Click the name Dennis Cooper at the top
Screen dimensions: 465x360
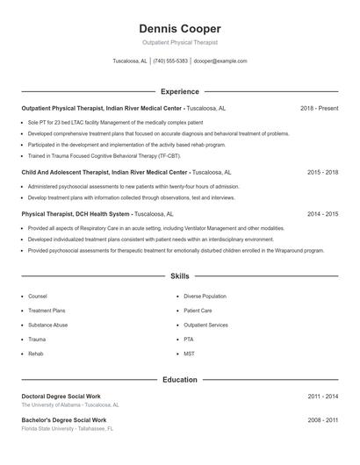click(180, 28)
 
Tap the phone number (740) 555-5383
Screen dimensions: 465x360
click(170, 61)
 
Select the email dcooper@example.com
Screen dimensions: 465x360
click(220, 61)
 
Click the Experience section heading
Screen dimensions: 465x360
click(180, 91)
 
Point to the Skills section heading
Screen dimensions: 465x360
click(180, 276)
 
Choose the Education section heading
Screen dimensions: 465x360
click(180, 380)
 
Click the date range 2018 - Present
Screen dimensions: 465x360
click(319, 108)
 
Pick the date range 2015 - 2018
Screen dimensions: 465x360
click(322, 173)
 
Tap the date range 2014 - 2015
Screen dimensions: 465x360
click(322, 213)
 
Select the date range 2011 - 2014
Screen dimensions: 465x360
click(322, 397)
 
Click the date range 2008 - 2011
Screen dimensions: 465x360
click(322, 420)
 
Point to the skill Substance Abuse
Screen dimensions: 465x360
click(47, 325)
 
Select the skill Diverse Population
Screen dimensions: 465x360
click(205, 297)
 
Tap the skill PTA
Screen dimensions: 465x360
click(189, 339)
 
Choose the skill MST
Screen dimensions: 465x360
click(189, 353)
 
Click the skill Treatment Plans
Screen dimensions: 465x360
click(47, 311)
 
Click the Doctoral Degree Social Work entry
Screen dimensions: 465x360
click(61, 397)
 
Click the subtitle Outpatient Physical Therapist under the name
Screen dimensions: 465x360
click(180, 42)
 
